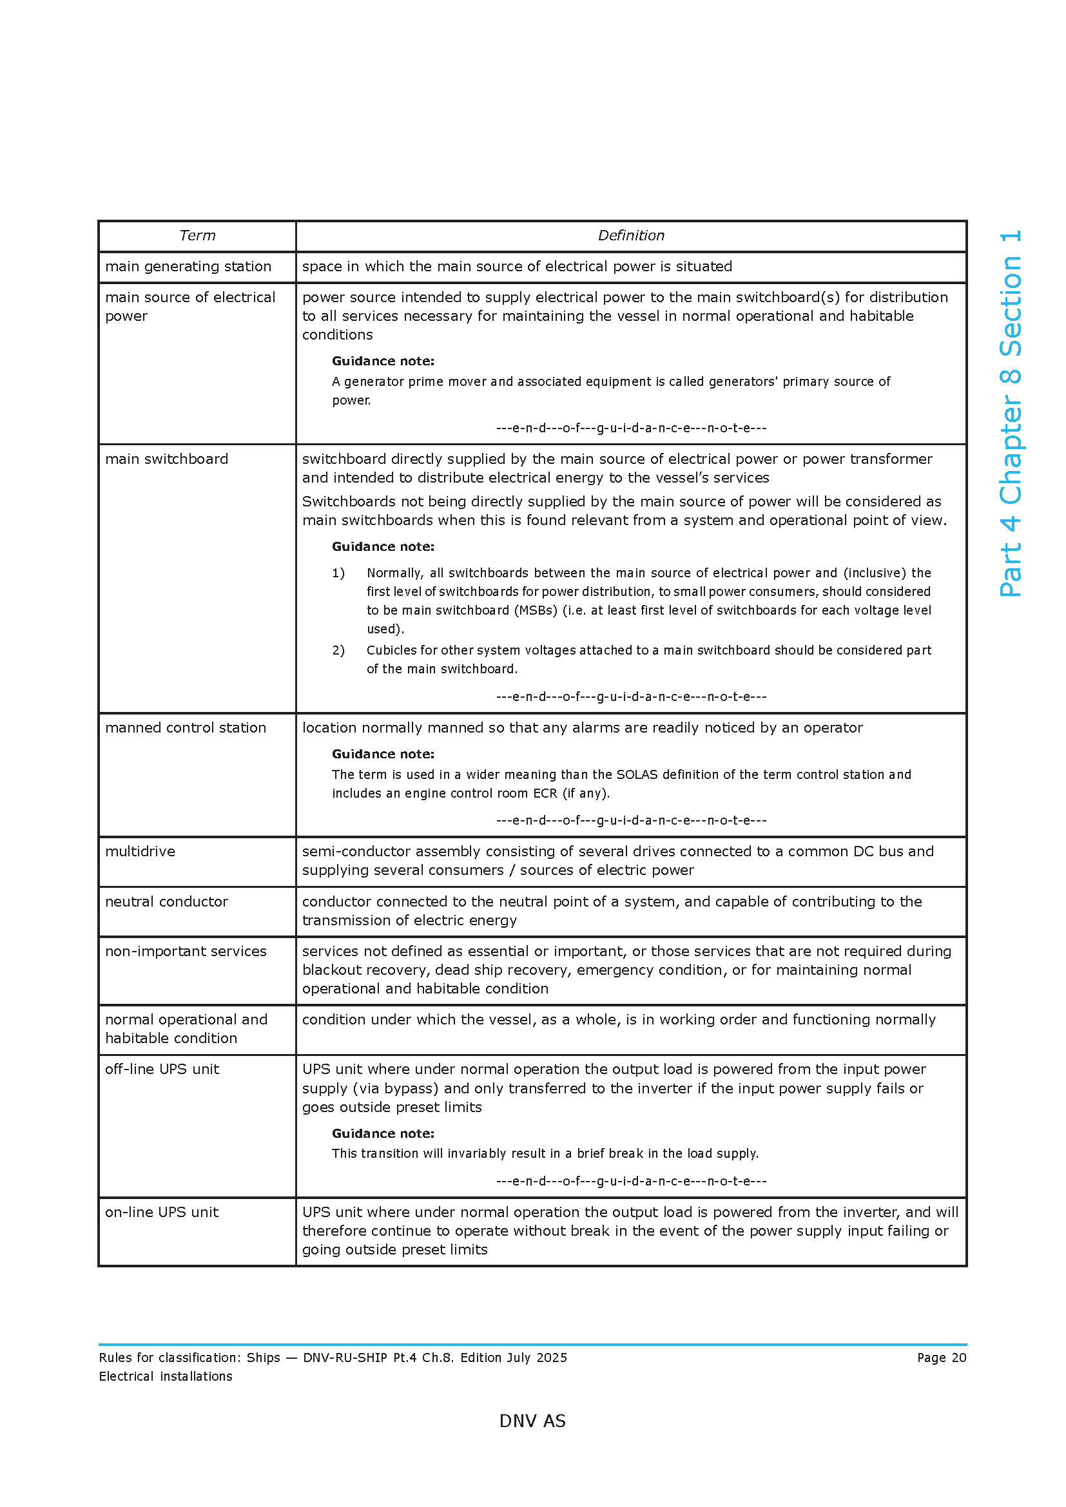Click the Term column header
pos(197,236)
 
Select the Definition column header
pos(630,236)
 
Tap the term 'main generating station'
pos(188,267)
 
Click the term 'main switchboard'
pos(166,459)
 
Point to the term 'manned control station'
pos(185,727)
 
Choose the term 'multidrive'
pos(140,851)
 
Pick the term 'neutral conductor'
pos(166,901)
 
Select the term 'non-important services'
pos(185,951)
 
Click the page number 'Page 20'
pos(941,1358)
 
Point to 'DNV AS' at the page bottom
pos(532,1421)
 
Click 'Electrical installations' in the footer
pos(166,1376)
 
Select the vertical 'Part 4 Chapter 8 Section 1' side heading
pos(1010,414)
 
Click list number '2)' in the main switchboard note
pos(338,651)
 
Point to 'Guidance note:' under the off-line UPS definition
pos(383,1133)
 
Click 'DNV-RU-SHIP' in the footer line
pos(345,1358)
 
